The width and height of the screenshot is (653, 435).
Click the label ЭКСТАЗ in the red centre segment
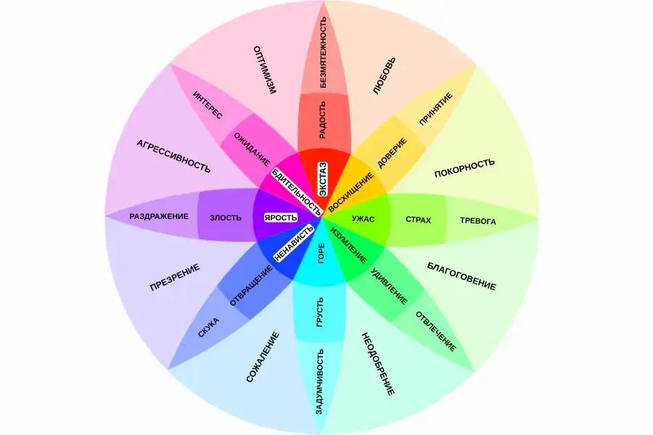[323, 177]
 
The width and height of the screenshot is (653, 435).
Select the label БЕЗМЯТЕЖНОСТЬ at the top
[323, 52]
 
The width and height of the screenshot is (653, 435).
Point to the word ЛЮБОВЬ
[385, 77]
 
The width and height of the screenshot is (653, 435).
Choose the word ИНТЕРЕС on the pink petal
[208, 106]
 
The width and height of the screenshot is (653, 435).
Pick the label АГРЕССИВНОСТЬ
[173, 156]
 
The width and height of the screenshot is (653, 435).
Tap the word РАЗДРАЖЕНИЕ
[159, 216]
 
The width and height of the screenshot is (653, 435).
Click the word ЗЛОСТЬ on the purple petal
[225, 217]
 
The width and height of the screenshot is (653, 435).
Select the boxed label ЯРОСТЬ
[281, 217]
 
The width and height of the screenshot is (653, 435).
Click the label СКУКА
[209, 328]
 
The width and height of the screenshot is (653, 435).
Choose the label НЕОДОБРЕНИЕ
[377, 363]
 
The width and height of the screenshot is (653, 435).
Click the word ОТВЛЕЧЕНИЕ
[435, 331]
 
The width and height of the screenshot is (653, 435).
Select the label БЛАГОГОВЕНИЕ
[461, 276]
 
